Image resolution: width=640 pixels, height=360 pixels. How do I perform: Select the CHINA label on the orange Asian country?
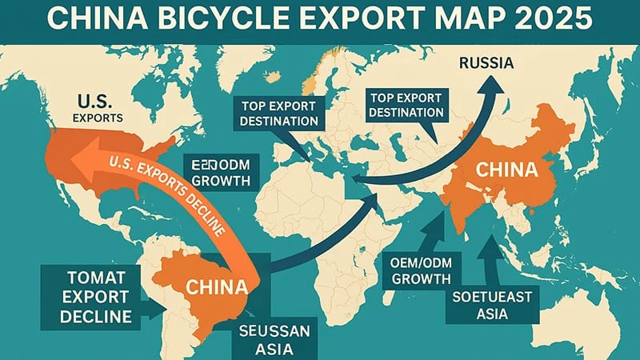coord(506,170)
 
